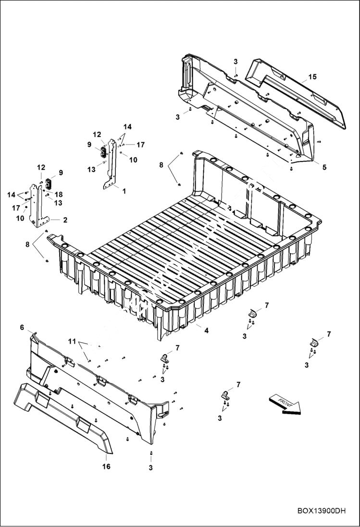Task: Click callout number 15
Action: coord(312,77)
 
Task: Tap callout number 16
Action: coord(107,466)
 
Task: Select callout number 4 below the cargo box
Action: coord(206,331)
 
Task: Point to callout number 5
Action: coord(324,167)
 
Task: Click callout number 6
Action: coord(22,327)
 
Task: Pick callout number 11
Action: coord(72,342)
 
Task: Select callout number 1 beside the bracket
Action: coord(124,191)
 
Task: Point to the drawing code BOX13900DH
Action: coord(322,511)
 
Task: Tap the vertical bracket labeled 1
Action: coord(112,163)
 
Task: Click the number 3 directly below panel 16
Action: coord(150,467)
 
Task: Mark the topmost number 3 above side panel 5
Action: coord(236,61)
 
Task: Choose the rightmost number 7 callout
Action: coord(329,333)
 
